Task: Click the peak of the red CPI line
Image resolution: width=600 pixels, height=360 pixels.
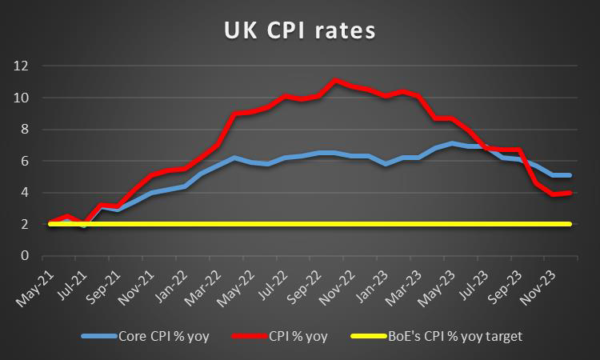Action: coord(336,80)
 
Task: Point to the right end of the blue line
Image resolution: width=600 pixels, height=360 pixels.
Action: coord(569,175)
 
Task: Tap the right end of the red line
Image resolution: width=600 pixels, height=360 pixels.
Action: coord(569,193)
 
